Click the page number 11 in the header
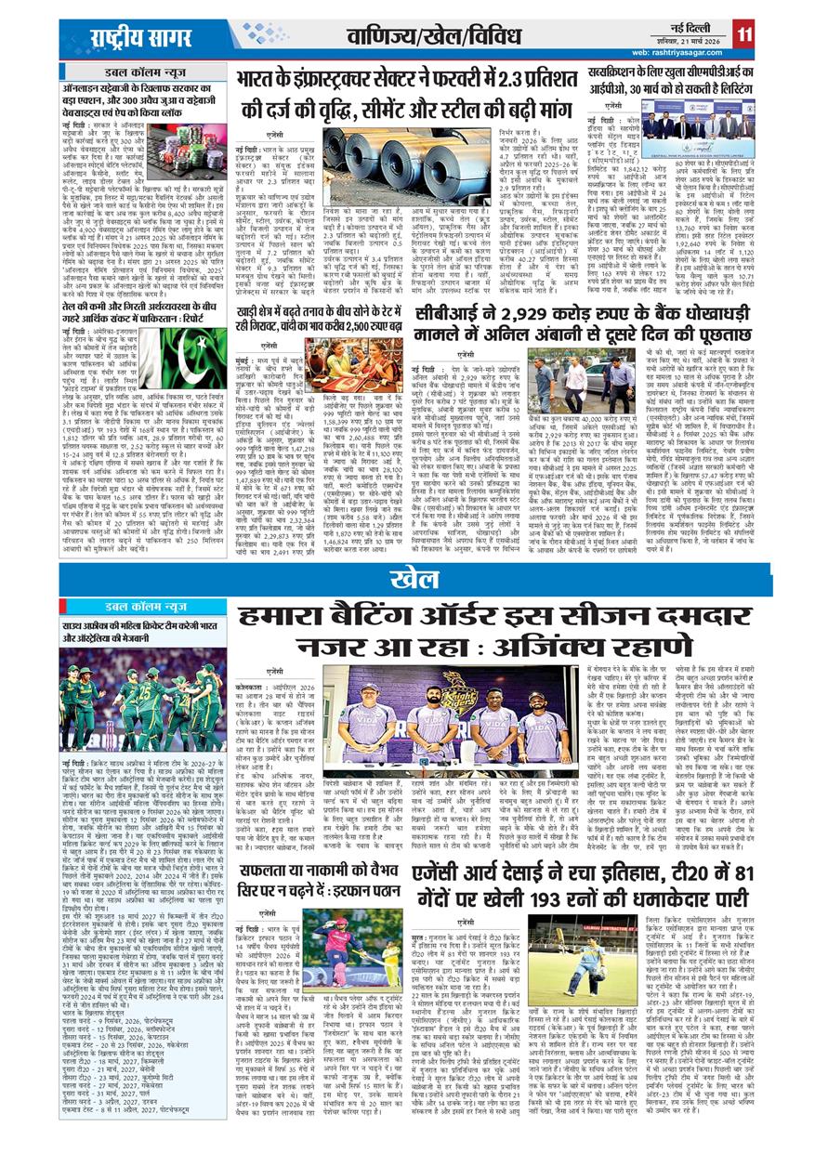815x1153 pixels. click(x=743, y=33)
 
